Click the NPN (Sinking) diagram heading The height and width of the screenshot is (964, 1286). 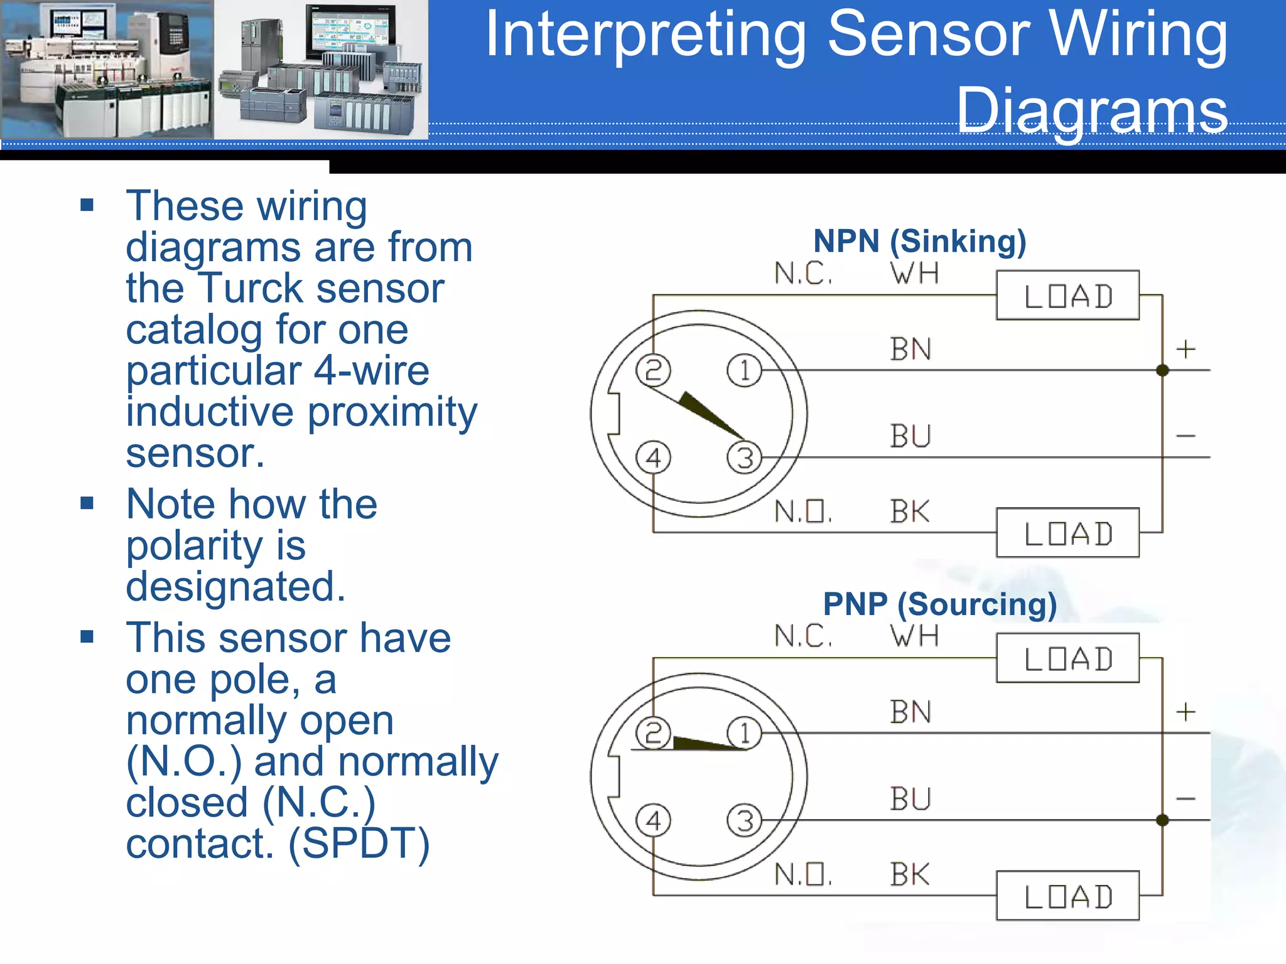coord(919,242)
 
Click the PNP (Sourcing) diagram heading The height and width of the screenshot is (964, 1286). coord(939,604)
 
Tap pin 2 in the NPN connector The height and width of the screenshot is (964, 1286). coord(653,370)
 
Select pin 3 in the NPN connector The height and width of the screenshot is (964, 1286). coord(744,458)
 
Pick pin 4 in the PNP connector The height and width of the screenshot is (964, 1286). coord(653,820)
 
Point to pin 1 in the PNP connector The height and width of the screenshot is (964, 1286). coord(744,733)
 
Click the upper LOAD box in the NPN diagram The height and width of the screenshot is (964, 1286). coord(1067,296)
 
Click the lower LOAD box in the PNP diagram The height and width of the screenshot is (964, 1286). coord(1067,896)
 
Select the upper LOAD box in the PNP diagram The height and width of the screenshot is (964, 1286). coord(1067,658)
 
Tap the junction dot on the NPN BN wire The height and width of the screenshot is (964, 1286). coord(1162,370)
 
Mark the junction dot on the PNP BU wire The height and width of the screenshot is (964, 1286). coord(1162,820)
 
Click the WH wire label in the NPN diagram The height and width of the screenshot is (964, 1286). coord(914,274)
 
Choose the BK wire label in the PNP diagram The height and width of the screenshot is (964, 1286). coord(909,874)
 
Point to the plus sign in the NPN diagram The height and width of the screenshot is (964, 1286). coord(1186,349)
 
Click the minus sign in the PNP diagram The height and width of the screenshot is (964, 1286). coord(1186,799)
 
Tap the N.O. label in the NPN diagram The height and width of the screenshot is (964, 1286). coord(803,511)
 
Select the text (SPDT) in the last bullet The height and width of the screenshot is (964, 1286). coord(359,843)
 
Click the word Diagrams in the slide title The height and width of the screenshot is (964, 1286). coord(1091,110)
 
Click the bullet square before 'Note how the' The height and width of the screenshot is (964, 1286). coord(87,503)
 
